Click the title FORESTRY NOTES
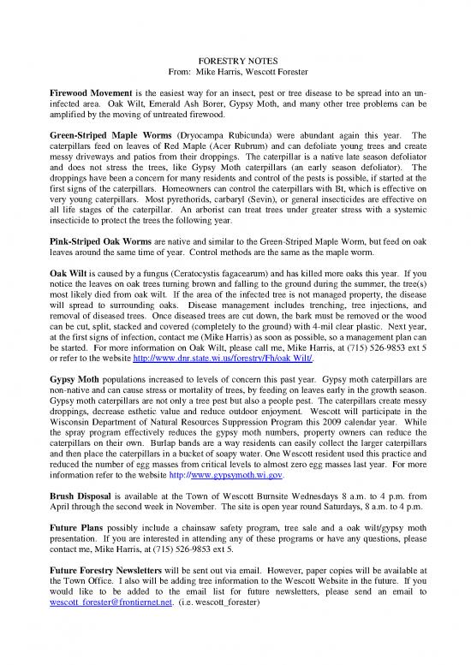(x=235, y=62)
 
